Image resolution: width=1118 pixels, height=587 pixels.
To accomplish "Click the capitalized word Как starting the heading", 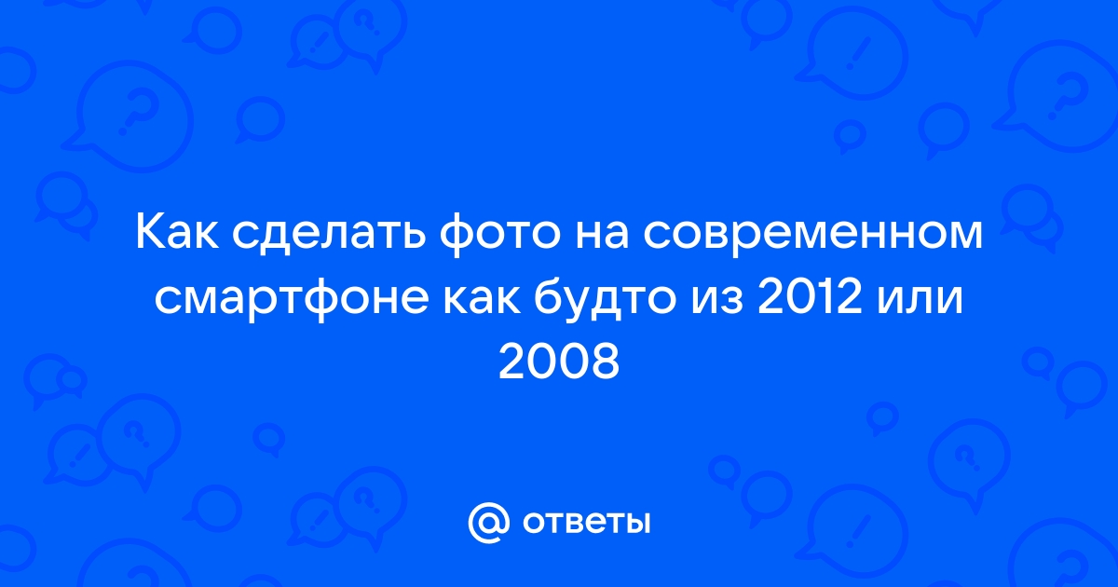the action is click(x=177, y=234).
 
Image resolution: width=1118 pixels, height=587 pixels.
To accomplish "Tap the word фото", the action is click(x=499, y=235).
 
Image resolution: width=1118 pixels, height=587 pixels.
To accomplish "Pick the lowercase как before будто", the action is click(x=482, y=302).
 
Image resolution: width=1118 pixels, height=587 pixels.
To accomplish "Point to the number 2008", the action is click(x=559, y=362).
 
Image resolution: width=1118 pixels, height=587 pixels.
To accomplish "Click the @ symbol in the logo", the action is click(x=488, y=522).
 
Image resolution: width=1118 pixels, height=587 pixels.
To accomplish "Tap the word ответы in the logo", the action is click(x=586, y=523).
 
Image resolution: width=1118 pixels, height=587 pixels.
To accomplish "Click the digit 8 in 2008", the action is click(x=605, y=362).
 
